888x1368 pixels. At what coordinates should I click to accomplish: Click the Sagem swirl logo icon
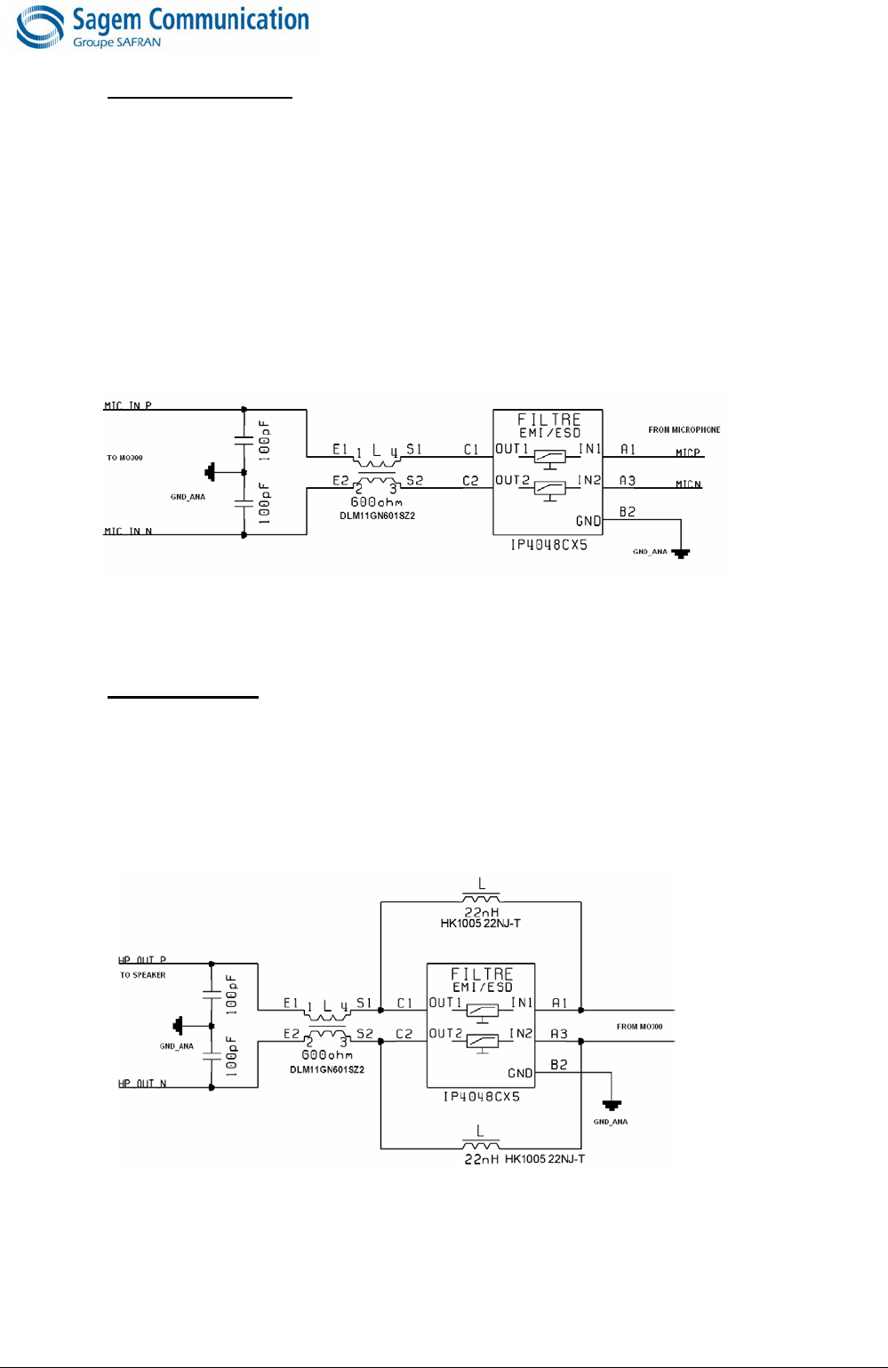(40, 28)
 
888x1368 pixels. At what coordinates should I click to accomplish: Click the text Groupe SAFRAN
(116, 43)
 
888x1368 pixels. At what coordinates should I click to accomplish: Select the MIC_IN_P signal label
(128, 405)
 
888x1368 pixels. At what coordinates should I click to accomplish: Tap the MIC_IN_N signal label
(128, 532)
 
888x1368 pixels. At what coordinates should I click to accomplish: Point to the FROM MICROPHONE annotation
(684, 430)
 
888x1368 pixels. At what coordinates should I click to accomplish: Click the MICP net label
(688, 452)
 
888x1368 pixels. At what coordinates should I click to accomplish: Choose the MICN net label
(688, 484)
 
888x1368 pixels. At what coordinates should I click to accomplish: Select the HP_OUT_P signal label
(142, 960)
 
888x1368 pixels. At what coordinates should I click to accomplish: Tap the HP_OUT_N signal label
(142, 1084)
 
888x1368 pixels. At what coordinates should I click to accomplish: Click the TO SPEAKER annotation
(143, 975)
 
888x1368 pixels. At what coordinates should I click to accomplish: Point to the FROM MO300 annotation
(639, 1027)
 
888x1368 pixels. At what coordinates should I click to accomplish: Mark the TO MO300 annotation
(125, 458)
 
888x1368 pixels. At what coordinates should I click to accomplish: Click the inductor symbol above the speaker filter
(481, 898)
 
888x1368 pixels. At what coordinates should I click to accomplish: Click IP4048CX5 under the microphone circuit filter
(548, 545)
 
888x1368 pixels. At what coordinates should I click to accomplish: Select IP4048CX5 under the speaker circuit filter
(481, 1097)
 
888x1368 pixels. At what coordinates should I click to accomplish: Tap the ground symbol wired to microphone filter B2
(681, 553)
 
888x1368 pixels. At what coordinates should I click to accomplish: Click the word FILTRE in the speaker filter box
(482, 974)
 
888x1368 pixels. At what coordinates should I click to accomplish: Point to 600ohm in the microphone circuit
(376, 501)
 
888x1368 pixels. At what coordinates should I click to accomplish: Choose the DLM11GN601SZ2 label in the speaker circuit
(327, 1069)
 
